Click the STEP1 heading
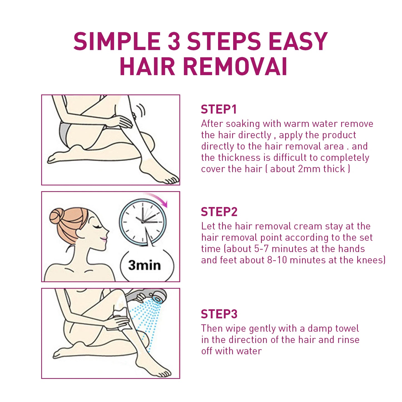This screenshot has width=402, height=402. point(219,109)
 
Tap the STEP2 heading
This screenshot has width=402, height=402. point(219,212)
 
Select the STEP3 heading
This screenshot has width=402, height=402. point(219,314)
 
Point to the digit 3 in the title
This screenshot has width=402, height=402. point(174,41)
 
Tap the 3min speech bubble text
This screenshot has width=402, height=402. point(144,265)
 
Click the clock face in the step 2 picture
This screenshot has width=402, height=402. point(143,222)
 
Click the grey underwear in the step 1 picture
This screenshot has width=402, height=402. point(65,134)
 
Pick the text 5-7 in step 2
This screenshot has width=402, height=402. point(261,249)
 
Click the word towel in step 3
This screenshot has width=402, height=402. point(347,329)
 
